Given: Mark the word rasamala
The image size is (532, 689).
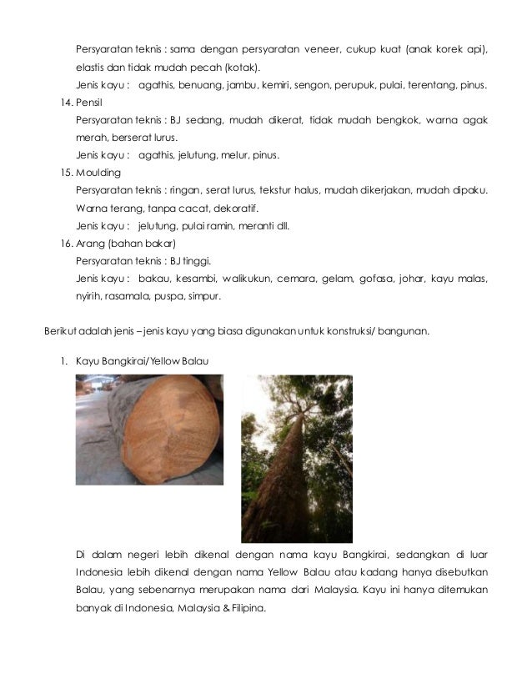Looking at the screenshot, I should (124, 296).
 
